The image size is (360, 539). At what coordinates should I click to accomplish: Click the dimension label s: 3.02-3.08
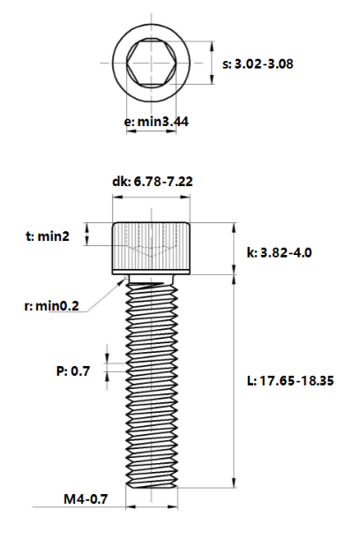click(258, 64)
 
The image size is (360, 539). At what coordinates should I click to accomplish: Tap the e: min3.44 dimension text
click(156, 122)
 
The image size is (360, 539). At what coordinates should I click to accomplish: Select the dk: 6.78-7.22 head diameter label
click(153, 181)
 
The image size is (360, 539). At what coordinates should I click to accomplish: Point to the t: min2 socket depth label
click(48, 236)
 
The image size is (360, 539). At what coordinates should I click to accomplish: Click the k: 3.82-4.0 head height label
click(279, 252)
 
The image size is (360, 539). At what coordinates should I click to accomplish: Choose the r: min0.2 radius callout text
click(51, 305)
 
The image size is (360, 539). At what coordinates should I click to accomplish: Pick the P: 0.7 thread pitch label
click(73, 371)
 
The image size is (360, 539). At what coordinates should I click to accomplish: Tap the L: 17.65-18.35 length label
click(290, 380)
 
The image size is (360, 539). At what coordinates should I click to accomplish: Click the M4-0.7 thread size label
click(86, 498)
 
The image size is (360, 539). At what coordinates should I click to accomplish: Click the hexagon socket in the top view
click(151, 63)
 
